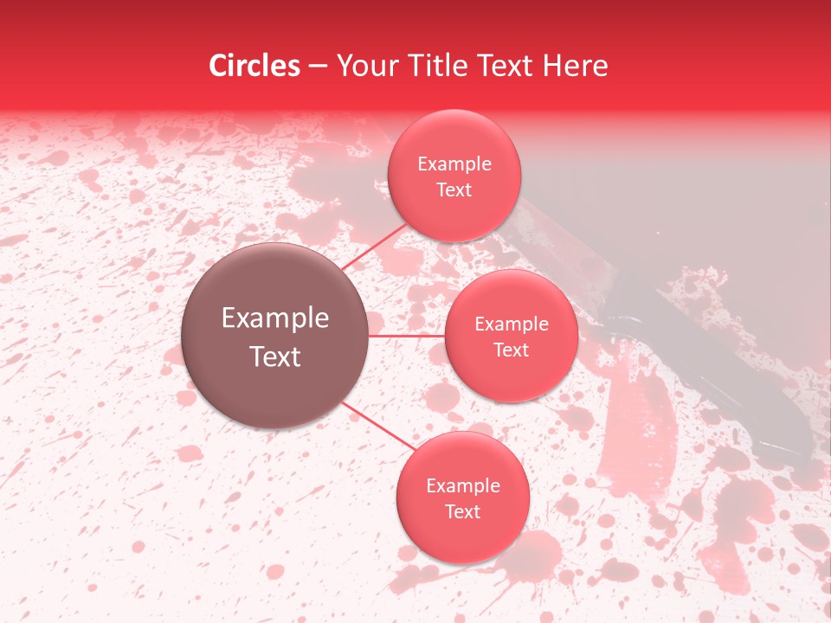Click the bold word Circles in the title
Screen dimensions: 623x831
[x=254, y=66]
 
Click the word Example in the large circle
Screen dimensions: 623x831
[x=275, y=318]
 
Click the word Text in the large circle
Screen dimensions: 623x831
[x=275, y=356]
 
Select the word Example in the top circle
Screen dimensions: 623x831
[x=454, y=164]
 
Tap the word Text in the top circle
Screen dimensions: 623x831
[x=454, y=190]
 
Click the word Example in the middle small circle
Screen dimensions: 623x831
[x=512, y=324]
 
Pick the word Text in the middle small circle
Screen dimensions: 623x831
[x=512, y=350]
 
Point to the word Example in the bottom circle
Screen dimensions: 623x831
[x=463, y=486]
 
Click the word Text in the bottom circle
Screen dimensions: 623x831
[x=463, y=512]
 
